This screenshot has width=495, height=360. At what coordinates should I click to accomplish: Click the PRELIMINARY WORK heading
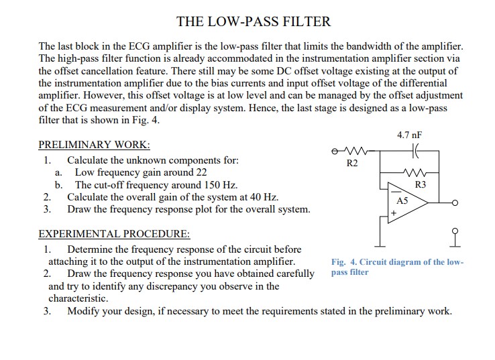(94, 144)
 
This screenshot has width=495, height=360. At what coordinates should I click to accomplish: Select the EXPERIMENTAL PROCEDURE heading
(114, 235)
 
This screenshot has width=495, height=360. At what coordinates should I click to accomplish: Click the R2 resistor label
(352, 162)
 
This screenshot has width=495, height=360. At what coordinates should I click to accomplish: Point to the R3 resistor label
(421, 184)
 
